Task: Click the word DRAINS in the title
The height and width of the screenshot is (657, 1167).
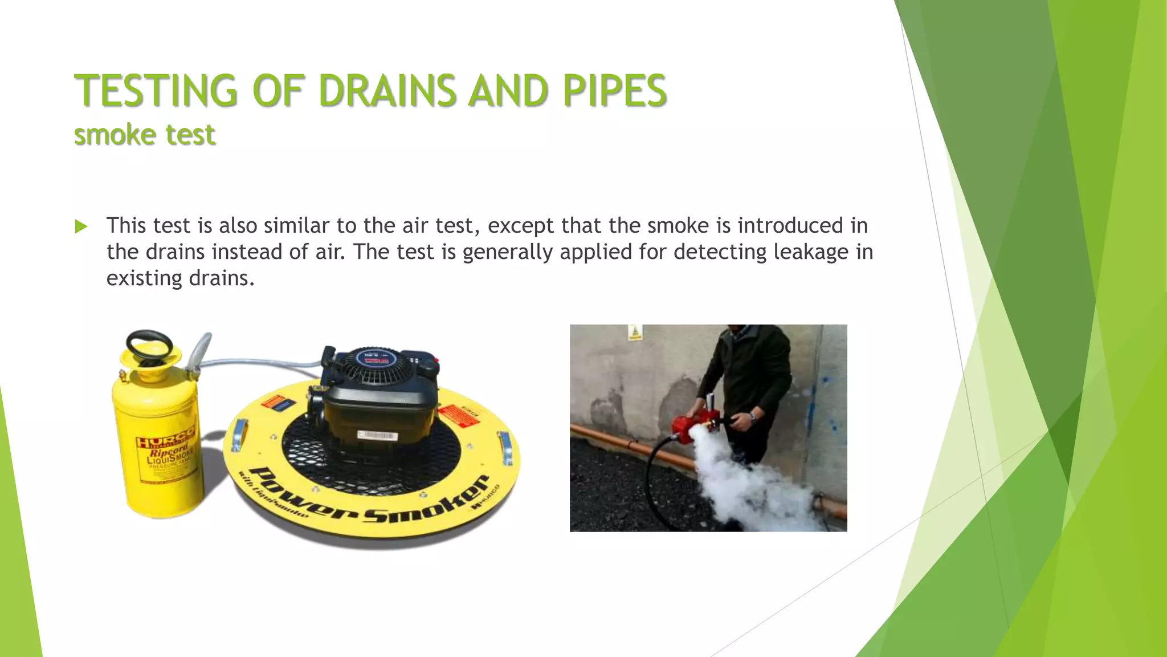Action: click(387, 91)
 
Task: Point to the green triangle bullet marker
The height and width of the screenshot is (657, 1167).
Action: click(81, 227)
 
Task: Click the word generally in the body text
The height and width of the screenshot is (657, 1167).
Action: click(507, 252)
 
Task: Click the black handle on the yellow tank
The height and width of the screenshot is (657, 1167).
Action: click(149, 344)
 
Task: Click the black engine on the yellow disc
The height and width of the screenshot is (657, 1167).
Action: click(379, 394)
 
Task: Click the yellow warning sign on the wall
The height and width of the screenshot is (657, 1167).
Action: click(635, 332)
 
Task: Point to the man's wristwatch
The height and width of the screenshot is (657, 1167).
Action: click(753, 417)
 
